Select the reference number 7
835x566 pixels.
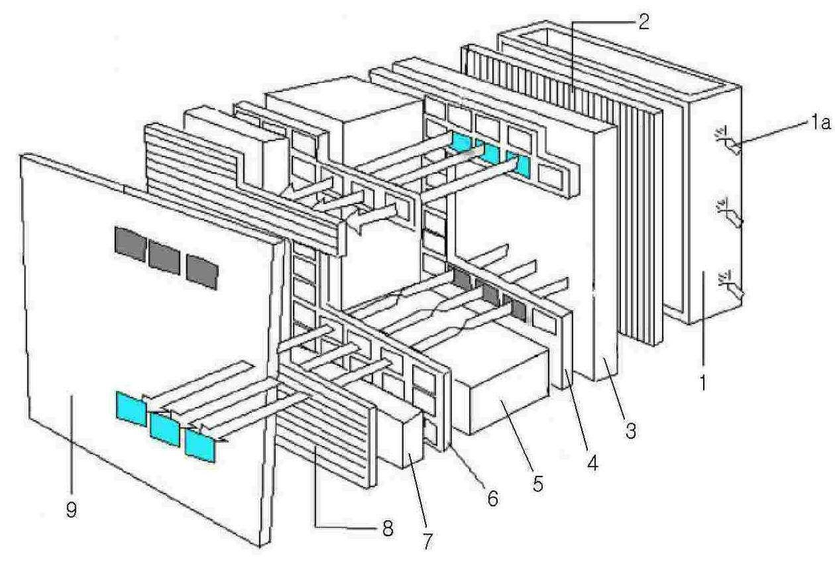428,539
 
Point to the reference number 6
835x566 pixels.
492,499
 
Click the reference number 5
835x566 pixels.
537,482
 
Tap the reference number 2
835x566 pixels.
642,21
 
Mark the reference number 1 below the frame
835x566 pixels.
703,385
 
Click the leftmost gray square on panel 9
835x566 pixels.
130,244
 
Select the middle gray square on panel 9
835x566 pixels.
164,257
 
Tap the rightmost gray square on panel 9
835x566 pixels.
202,271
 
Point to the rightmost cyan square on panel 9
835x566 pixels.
201,445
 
